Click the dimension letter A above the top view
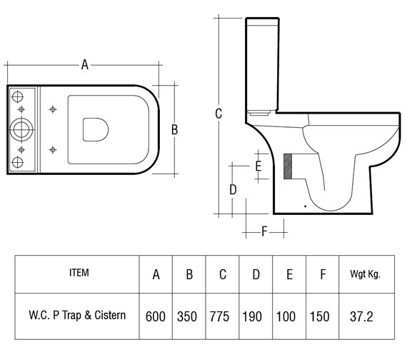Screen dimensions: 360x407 point(84,65)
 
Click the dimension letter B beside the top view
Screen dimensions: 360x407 point(174,129)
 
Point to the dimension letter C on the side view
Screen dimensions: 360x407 point(218,114)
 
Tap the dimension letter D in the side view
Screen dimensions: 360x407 point(232,189)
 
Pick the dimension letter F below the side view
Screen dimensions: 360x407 point(264,231)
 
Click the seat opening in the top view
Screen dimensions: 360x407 point(94,129)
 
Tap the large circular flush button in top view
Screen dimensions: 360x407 point(21,129)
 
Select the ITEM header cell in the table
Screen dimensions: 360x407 point(79,273)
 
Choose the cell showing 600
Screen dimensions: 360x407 point(156,315)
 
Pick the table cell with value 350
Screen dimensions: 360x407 point(189,315)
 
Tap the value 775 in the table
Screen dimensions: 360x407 point(223,315)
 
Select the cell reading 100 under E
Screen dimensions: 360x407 point(289,315)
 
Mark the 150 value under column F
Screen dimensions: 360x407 point(322,315)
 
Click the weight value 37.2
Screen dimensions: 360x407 point(363,315)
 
